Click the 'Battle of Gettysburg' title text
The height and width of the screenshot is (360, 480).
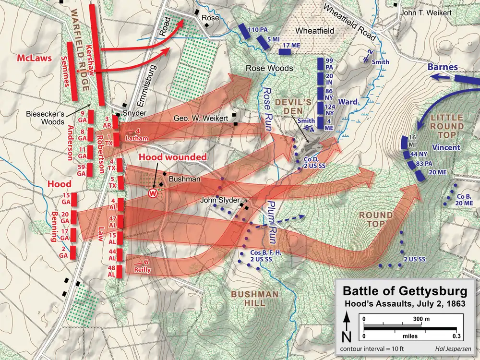coord(405,291)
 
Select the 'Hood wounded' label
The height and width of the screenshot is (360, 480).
coord(173,157)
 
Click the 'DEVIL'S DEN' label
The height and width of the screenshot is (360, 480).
coord(300,108)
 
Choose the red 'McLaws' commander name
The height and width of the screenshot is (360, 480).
coord(34,58)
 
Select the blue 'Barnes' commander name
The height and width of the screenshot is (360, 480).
coord(442,67)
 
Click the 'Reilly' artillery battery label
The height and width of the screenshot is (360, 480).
coord(143,270)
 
